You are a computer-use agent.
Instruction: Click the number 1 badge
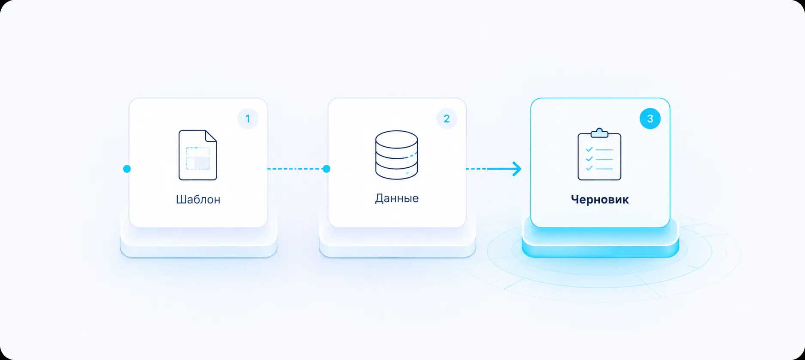pyautogui.click(x=248, y=118)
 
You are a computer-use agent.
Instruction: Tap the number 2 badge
pyautogui.click(x=447, y=118)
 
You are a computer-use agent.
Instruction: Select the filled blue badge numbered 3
pyautogui.click(x=650, y=118)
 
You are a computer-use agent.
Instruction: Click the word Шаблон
pyautogui.click(x=198, y=200)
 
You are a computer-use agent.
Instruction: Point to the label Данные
pyautogui.click(x=397, y=198)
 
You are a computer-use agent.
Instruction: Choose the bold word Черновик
pyautogui.click(x=600, y=200)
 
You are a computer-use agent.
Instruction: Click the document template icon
pyautogui.click(x=198, y=155)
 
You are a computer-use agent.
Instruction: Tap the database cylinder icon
pyautogui.click(x=396, y=154)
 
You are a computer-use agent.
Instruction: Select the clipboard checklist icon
pyautogui.click(x=599, y=154)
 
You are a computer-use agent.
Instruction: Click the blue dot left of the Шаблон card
pyautogui.click(x=127, y=169)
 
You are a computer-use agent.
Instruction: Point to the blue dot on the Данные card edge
pyautogui.click(x=326, y=169)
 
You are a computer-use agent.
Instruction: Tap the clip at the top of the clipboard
pyautogui.click(x=599, y=133)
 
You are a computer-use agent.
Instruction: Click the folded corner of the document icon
pyautogui.click(x=211, y=136)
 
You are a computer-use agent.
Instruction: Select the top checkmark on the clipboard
pyautogui.click(x=589, y=149)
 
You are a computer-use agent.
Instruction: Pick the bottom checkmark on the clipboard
pyautogui.click(x=589, y=168)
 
